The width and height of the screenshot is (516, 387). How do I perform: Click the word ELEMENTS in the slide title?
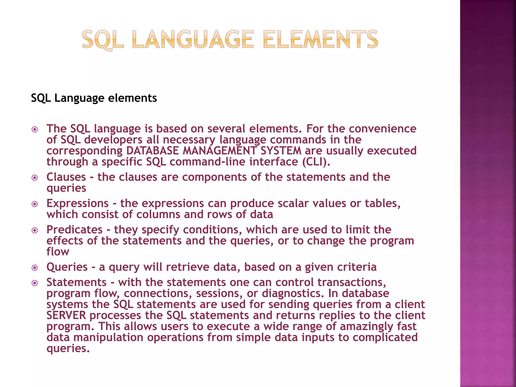(x=320, y=40)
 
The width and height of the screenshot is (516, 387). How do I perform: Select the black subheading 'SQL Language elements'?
(x=94, y=98)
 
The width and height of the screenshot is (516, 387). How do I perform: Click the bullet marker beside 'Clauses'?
(x=35, y=178)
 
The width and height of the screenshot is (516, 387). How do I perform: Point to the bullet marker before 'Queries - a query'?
(x=35, y=268)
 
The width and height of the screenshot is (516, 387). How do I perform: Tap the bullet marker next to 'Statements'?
(x=35, y=283)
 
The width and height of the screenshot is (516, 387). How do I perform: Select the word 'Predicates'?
(x=75, y=230)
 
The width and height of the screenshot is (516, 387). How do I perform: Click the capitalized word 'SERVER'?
(x=66, y=315)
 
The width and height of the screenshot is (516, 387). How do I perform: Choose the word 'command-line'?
(x=207, y=162)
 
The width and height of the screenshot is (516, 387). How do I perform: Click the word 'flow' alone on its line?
(x=58, y=252)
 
